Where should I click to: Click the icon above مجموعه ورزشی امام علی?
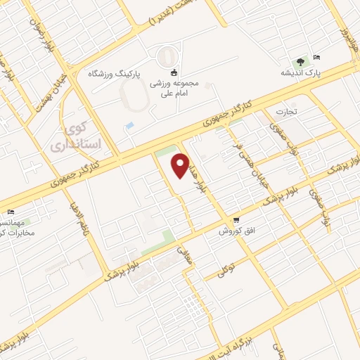click(174, 72)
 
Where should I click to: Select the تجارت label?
click(287, 111)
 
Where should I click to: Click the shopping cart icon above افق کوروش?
click(236, 220)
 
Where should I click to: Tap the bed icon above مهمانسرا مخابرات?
click(10, 213)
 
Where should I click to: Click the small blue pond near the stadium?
click(129, 126)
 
